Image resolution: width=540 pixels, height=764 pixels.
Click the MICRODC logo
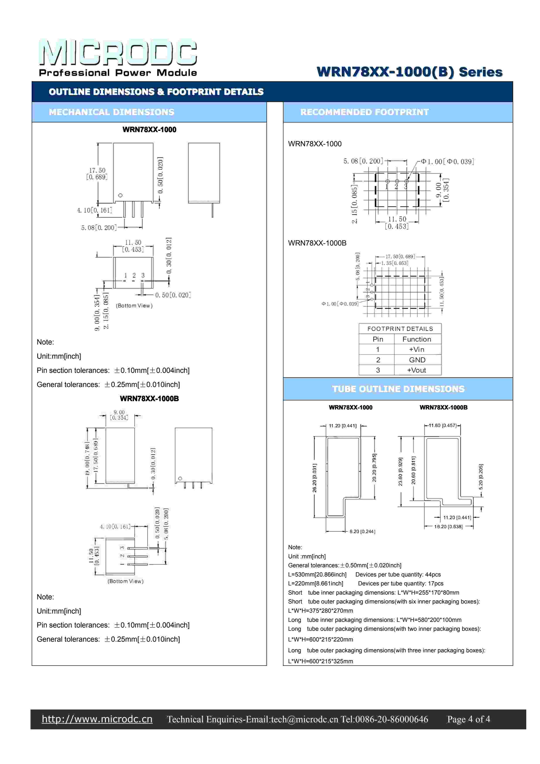coord(118,53)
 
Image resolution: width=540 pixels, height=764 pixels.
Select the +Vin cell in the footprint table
coord(417,349)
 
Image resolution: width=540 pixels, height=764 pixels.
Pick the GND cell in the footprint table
coord(417,360)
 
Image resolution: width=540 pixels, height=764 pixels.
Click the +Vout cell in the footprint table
coord(417,370)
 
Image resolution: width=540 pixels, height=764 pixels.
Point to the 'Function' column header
coord(417,339)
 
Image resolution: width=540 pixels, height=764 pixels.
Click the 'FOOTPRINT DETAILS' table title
coord(400,329)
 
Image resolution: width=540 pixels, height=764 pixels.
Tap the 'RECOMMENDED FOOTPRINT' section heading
coord(364,112)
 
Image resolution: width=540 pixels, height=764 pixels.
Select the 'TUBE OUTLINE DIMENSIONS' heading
coord(398,389)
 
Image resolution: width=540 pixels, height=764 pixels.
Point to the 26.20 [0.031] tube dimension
coord(315,478)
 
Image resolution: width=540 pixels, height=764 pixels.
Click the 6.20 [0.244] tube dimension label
coord(362,531)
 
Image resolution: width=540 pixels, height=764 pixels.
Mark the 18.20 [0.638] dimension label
coord(448,526)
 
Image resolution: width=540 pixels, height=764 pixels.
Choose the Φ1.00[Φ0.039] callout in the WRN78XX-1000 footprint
coord(447,162)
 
